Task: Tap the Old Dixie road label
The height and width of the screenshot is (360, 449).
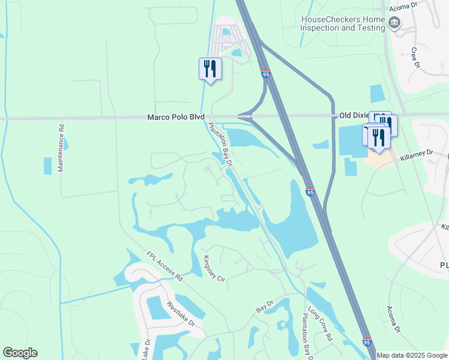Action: tap(353, 115)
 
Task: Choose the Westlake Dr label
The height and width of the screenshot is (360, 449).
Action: tap(181, 313)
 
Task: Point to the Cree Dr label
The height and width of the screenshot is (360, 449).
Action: tap(414, 58)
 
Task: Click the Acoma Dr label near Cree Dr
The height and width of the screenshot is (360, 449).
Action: tap(419, 6)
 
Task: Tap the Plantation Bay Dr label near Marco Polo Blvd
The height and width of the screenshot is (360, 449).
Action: tap(220, 145)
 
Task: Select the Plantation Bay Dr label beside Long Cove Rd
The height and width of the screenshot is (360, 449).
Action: tap(306, 340)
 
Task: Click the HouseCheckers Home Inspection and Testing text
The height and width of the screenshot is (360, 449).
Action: tap(343, 23)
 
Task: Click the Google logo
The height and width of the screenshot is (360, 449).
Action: tap(20, 353)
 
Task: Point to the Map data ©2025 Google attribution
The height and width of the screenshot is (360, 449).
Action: tap(412, 355)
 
